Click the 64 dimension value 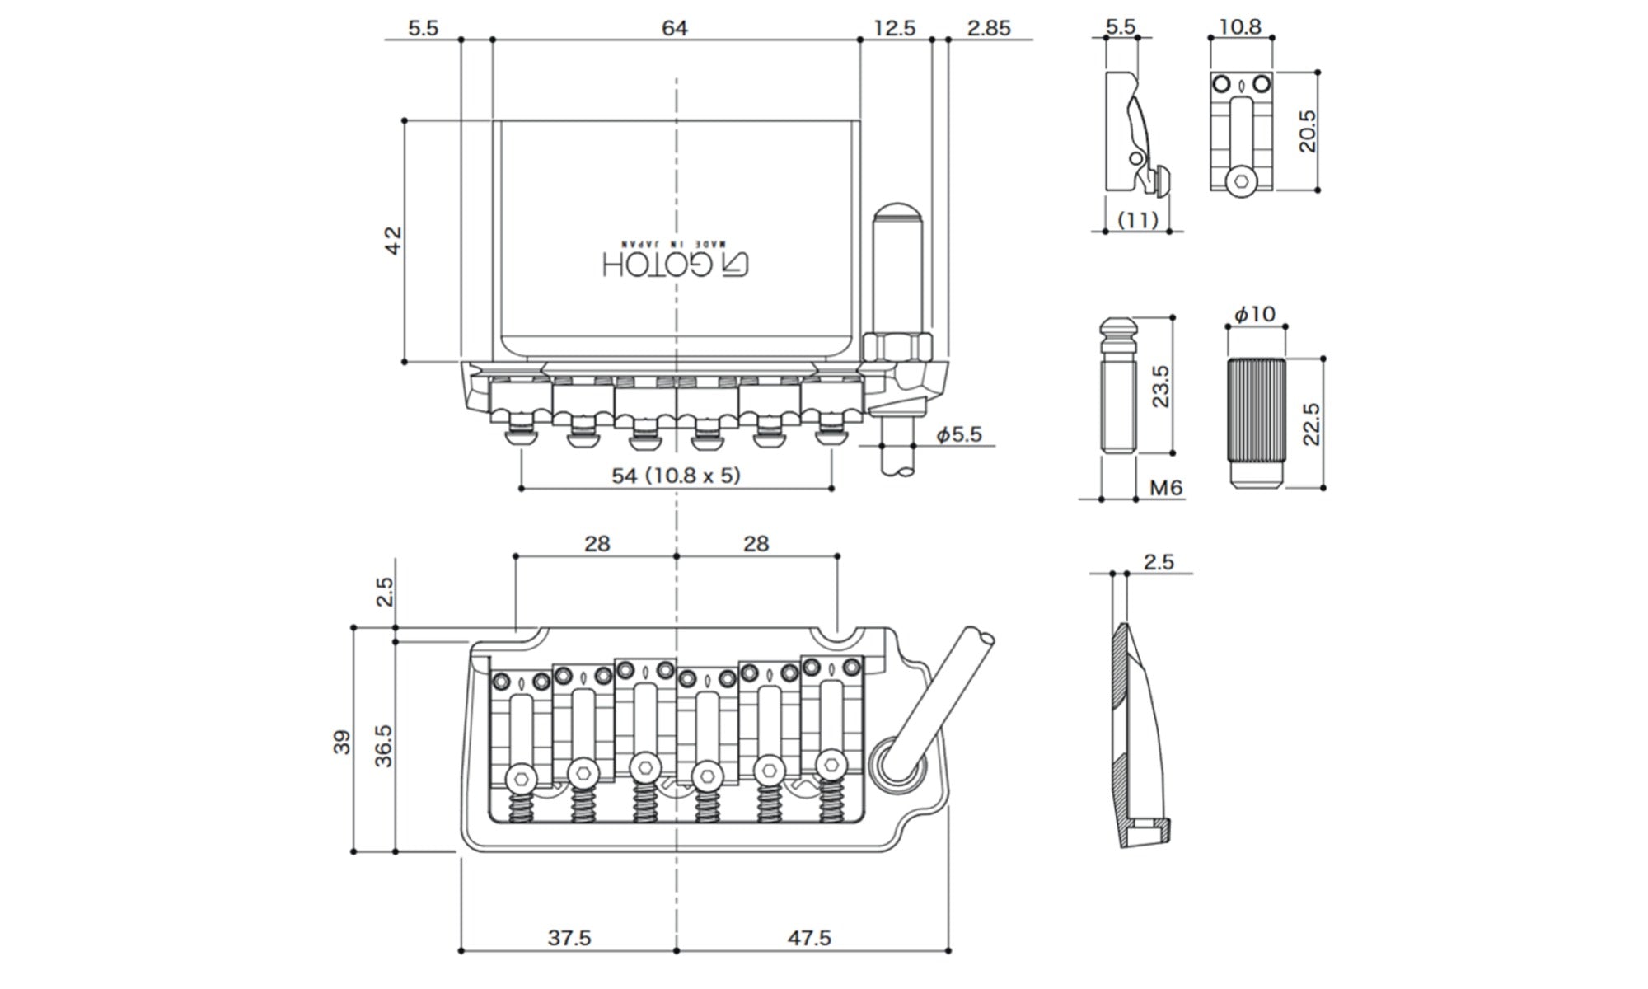pos(674,28)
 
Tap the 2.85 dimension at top pos(989,28)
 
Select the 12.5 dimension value pos(895,28)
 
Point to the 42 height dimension pos(393,240)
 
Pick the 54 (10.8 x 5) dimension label pos(676,476)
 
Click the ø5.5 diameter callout pos(959,434)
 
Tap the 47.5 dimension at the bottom pos(808,938)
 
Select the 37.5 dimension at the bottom pos(569,938)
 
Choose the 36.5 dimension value pos(384,746)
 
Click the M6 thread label pos(1166,488)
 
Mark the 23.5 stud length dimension pos(1160,386)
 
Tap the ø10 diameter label pos(1254,314)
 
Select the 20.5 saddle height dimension pos(1308,131)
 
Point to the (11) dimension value pos(1138,220)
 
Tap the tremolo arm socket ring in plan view pos(894,764)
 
